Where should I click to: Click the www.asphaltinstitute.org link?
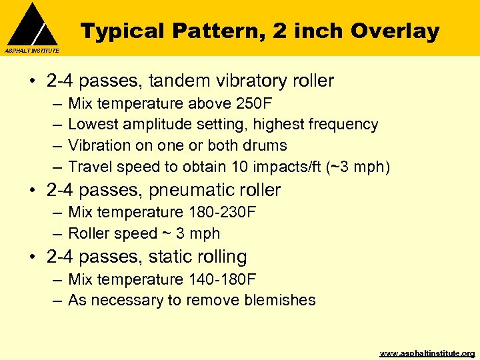[427, 353]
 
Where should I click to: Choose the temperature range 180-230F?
[220, 213]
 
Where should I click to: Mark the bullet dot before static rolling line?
[33, 257]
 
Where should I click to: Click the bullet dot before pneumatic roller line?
[33, 191]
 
